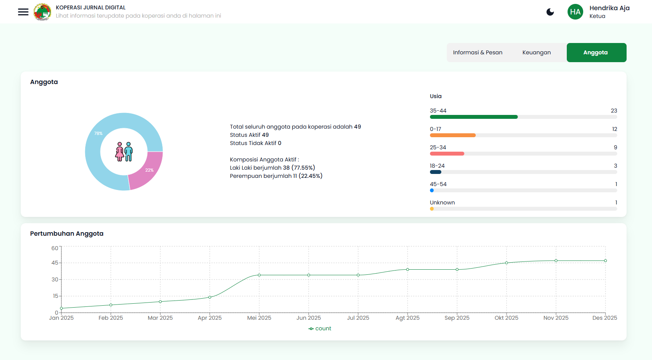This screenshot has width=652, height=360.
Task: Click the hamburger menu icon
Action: (x=23, y=12)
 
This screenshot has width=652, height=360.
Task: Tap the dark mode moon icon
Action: (x=550, y=12)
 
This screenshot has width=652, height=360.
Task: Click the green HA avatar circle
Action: (x=575, y=12)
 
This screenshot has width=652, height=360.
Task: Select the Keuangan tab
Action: (x=536, y=52)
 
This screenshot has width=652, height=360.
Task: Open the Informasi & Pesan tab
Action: (x=477, y=52)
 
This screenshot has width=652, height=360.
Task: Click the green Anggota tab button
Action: (x=596, y=52)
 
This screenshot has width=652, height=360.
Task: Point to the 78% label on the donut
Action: (x=98, y=133)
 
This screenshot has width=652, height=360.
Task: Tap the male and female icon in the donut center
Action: (x=124, y=152)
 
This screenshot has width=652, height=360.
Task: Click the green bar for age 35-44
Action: (x=473, y=117)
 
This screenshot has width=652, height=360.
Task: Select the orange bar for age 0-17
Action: (x=452, y=135)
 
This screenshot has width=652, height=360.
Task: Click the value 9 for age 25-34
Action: (x=615, y=147)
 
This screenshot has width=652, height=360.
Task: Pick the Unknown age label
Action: (x=442, y=202)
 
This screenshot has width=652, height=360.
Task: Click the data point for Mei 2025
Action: (x=259, y=275)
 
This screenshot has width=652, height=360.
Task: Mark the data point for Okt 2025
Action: (x=506, y=263)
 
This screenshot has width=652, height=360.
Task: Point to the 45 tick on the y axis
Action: (x=55, y=263)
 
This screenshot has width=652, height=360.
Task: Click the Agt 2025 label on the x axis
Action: (x=407, y=318)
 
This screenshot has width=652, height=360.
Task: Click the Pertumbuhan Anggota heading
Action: (x=67, y=233)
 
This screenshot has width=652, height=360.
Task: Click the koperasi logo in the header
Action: (x=42, y=12)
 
